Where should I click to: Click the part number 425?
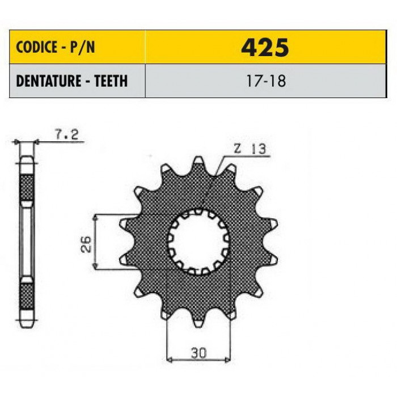coord(265,47)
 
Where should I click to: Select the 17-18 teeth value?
coord(266,81)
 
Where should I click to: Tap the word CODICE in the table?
coord(36,47)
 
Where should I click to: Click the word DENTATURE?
coord(49,81)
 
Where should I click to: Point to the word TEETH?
coord(111,81)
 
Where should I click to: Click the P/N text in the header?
coord(82,47)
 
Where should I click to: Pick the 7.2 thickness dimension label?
coord(66,134)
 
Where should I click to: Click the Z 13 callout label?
coord(250,149)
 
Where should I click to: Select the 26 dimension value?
coord(86,244)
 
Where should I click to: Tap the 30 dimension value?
coord(198,353)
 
